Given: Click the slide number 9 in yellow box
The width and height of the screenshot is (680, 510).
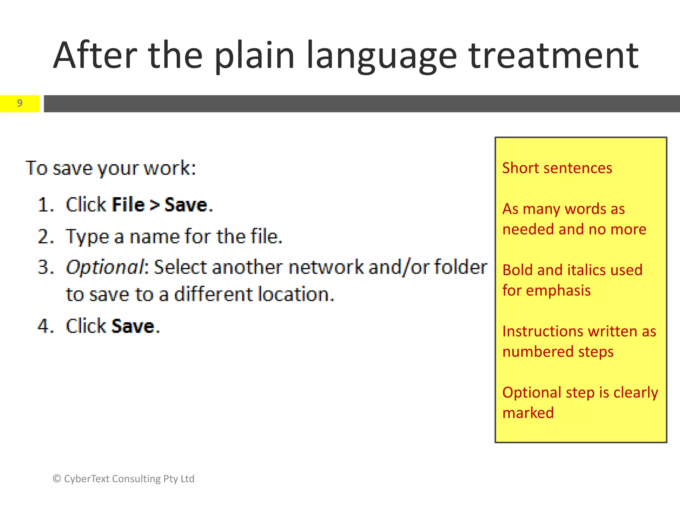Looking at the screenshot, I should point(20,103).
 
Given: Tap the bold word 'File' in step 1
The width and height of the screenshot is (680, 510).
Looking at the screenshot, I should point(128,205).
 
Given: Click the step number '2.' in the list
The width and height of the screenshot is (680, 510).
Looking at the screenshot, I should point(46,237).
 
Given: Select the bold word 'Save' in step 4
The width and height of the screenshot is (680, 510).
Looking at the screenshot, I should point(133,326).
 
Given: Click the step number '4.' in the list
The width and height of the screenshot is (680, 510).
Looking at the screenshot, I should point(46,326).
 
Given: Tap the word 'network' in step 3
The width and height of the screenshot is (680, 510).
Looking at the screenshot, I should point(326,267).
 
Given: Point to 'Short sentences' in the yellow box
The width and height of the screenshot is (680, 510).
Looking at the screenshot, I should point(557,168).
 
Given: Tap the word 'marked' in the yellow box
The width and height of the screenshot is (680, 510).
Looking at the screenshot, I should point(528,413).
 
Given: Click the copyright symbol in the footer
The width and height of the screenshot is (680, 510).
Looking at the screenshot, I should point(57,479).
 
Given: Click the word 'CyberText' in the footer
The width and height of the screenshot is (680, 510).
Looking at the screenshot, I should point(86,479).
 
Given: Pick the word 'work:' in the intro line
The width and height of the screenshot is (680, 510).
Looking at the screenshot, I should point(170,168).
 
